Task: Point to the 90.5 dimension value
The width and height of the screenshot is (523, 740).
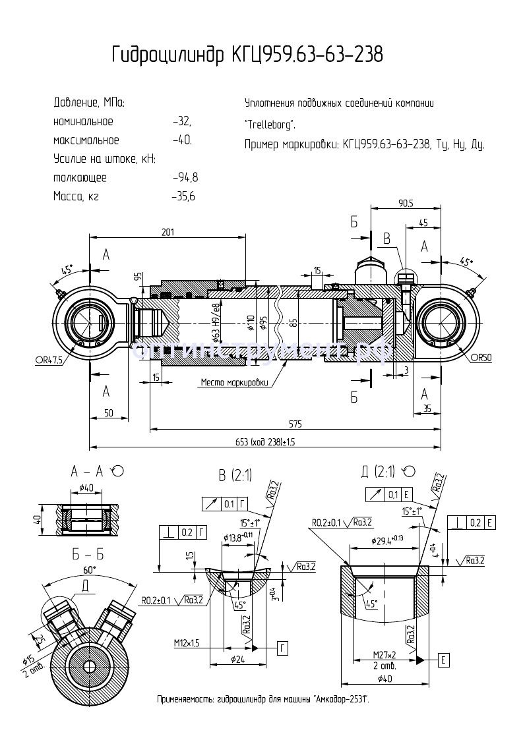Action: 404,203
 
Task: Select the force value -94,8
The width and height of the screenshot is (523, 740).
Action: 185,178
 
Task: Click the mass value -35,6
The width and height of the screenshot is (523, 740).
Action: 183,196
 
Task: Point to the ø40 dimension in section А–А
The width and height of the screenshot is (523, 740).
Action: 85,488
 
